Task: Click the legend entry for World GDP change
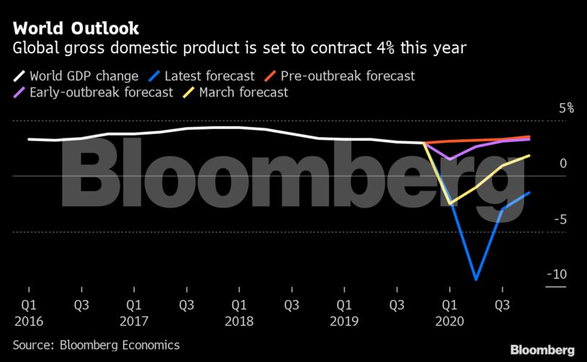coord(76,75)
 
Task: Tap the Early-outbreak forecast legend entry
coord(94,92)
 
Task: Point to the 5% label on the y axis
coord(566,108)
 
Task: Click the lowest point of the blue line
coord(476,279)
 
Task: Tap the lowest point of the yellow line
coord(450,204)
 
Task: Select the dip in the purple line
coord(450,159)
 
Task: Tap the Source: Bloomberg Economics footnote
coord(96,345)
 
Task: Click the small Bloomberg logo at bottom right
coord(542,350)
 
